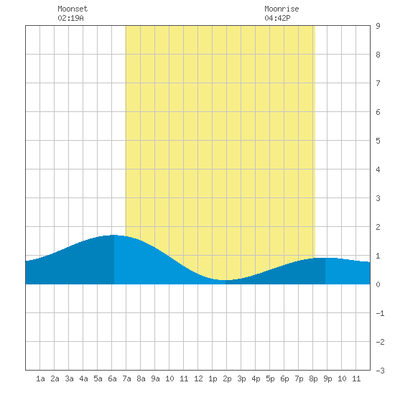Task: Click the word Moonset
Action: click(x=73, y=9)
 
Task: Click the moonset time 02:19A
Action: click(x=71, y=18)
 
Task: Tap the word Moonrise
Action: click(x=282, y=9)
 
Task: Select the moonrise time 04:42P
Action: click(x=277, y=18)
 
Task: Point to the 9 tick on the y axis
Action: click(x=378, y=26)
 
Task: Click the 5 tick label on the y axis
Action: click(x=378, y=141)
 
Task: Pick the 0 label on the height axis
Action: click(x=378, y=284)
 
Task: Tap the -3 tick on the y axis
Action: click(x=380, y=371)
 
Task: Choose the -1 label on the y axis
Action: click(x=380, y=313)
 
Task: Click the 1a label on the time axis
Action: click(x=40, y=378)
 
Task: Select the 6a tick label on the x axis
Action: click(x=112, y=378)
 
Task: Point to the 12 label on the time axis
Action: click(x=198, y=378)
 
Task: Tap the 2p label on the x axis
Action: click(x=227, y=378)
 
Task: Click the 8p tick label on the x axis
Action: click(x=313, y=378)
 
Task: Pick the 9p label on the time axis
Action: click(x=327, y=378)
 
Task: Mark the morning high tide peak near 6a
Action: click(x=114, y=235)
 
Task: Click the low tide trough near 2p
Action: click(x=226, y=280)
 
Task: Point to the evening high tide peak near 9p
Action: click(x=325, y=258)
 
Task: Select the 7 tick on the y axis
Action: click(x=378, y=83)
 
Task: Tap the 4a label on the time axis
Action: click(x=83, y=378)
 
